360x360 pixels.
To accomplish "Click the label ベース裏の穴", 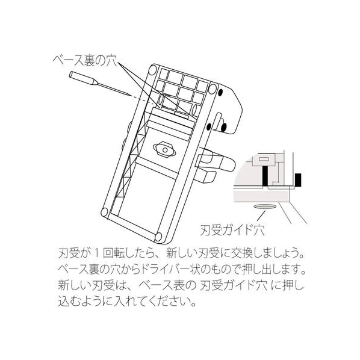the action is coord(85,61).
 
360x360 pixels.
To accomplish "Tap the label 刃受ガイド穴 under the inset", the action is coord(232,230).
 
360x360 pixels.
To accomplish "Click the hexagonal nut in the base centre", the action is coord(164,150).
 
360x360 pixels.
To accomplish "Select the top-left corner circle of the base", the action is coord(153,70).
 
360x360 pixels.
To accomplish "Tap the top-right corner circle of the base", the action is coord(213,88).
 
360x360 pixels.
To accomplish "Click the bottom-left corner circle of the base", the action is coord(105,212).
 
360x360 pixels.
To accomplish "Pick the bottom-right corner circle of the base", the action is coord(159,236).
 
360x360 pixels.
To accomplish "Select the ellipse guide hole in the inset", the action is coord(264,207).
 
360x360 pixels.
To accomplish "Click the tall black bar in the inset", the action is coord(265,176).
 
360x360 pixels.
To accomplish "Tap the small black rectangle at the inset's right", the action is coord(298,180).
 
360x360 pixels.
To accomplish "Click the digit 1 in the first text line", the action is coord(97,254).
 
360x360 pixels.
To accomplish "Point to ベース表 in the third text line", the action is coord(161,286).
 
